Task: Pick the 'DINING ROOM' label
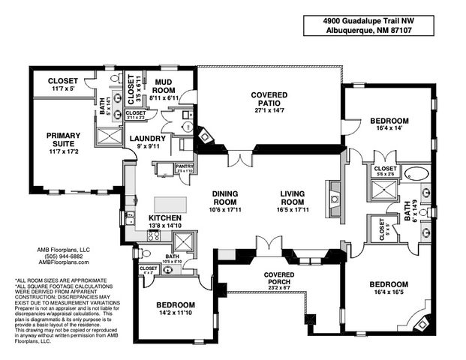pyautogui.click(x=224, y=196)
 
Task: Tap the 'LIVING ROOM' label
pyautogui.click(x=292, y=196)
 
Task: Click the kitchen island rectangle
pyautogui.click(x=170, y=205)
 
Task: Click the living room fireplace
pyautogui.click(x=334, y=199)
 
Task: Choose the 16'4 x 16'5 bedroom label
pyautogui.click(x=389, y=285)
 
